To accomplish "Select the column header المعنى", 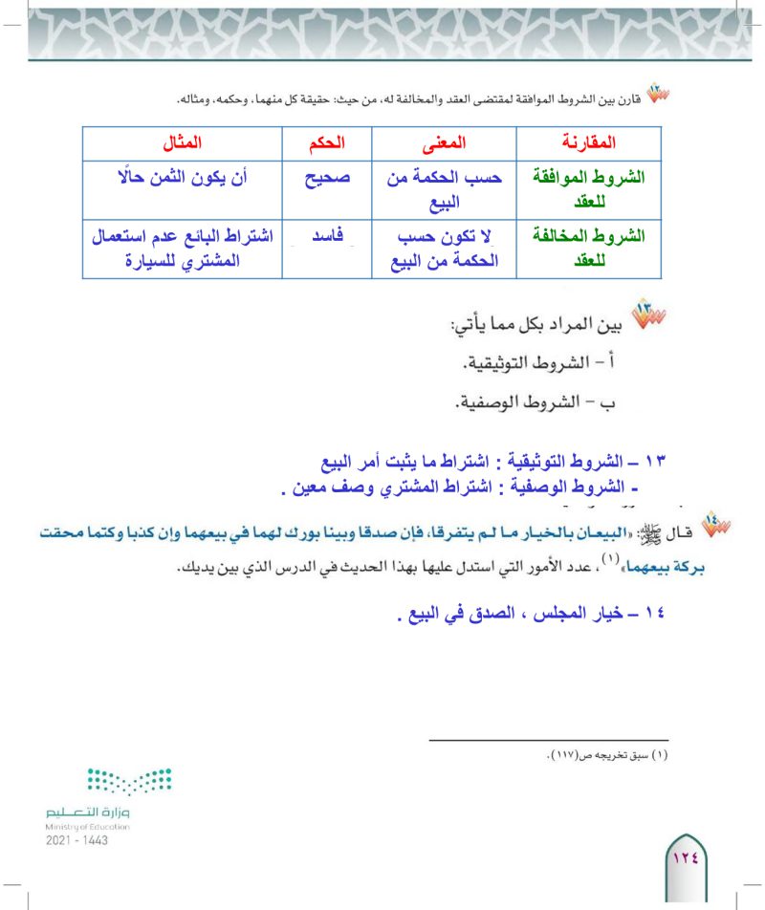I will (443, 143).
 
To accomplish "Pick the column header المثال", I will (180, 143).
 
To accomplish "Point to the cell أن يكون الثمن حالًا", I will (180, 178).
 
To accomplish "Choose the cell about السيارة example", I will (180, 246).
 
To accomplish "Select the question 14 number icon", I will (716, 527).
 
